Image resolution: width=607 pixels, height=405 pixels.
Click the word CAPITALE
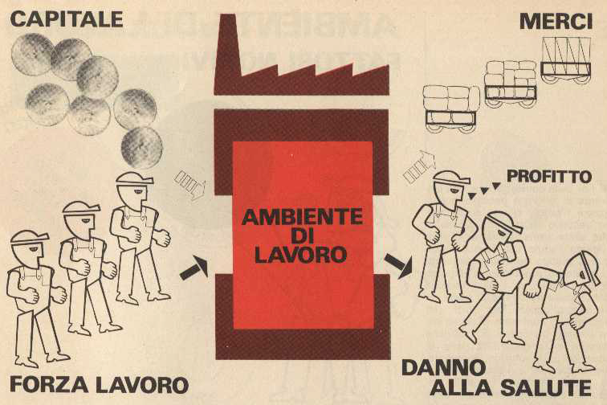coord(67,19)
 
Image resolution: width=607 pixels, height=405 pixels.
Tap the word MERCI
coord(556,21)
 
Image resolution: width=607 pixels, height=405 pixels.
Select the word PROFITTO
coord(549,177)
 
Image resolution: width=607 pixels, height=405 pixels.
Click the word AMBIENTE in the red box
coord(303,217)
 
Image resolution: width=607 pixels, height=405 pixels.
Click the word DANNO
coord(444,367)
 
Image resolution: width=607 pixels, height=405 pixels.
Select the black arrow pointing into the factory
coord(194,268)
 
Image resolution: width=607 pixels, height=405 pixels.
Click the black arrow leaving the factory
coord(398,266)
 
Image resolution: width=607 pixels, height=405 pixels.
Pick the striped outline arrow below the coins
coord(189,185)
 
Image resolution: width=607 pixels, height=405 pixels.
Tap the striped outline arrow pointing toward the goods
coord(419,166)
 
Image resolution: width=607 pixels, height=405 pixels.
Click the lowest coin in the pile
coord(141,147)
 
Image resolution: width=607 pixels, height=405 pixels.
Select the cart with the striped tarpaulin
coord(566,60)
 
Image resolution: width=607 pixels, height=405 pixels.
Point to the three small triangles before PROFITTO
coord(483,190)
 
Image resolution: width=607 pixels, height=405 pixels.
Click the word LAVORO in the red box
coord(301,255)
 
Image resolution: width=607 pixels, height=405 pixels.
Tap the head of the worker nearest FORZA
coord(29,247)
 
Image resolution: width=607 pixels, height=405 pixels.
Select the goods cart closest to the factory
coord(450,109)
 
